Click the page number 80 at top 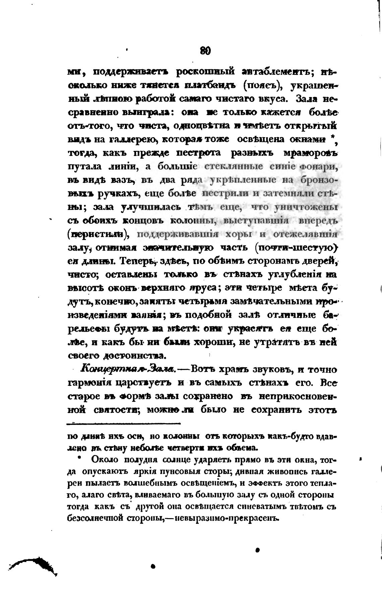coord(205,51)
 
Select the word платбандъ coord(211,86)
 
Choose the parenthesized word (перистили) coord(98,234)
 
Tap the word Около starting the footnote coord(105,459)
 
